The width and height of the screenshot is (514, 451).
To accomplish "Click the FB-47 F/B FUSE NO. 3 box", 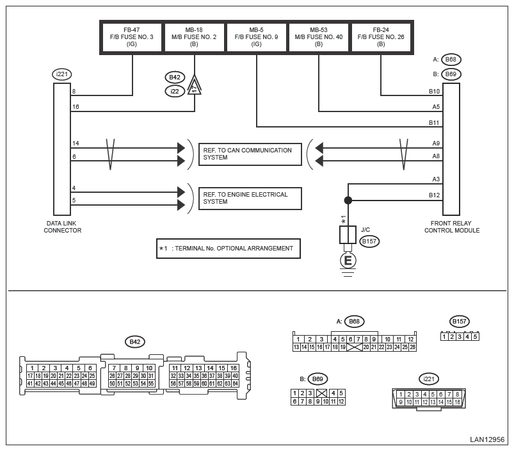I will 133,37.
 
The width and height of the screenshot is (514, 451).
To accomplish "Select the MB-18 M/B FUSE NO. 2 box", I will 195,37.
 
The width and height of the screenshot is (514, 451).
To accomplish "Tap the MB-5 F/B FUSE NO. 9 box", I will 257,37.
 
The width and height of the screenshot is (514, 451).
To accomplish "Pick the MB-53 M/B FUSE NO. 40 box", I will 319,37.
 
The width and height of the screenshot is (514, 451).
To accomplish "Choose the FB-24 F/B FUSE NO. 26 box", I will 381,37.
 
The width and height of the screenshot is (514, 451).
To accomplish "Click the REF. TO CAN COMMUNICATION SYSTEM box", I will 250,154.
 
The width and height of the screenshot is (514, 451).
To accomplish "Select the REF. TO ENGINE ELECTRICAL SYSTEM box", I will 250,198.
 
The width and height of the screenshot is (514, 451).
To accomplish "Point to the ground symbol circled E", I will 348,260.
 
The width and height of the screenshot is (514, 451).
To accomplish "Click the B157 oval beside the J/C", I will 370,242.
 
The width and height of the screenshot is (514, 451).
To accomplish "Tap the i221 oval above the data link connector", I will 62,74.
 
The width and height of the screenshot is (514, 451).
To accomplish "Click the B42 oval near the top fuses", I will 175,77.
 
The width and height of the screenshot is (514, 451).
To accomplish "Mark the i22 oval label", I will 175,91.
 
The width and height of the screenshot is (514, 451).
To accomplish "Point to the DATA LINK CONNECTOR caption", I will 62,227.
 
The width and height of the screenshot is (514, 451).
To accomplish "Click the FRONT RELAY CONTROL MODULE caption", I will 451,227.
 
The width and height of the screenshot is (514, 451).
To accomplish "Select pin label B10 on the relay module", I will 435,92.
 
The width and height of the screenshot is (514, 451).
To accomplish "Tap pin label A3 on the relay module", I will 436,179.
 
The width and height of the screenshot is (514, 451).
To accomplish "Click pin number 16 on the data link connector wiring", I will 76,107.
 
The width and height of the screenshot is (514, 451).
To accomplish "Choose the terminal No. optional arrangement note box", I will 229,248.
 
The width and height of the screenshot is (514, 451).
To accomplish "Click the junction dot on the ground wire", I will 348,201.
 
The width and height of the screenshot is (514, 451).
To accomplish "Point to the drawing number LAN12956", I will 487,439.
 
